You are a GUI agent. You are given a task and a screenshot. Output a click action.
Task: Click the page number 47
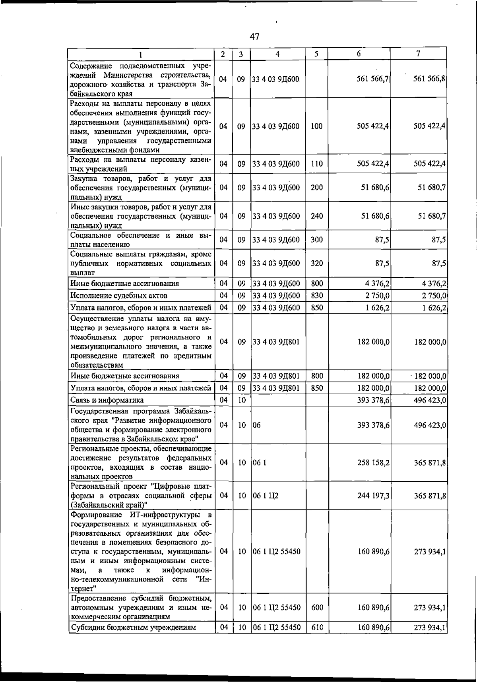[x=254, y=37]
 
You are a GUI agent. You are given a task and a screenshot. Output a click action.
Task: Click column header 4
[x=277, y=54]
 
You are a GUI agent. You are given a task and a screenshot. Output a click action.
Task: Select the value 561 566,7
[x=372, y=79]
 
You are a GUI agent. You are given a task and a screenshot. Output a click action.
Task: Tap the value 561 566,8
[x=429, y=79]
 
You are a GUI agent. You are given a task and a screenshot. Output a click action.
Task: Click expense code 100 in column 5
[x=316, y=126]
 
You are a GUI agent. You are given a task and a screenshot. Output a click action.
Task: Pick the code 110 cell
[x=316, y=164]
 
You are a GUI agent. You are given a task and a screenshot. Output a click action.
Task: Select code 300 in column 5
[x=316, y=240]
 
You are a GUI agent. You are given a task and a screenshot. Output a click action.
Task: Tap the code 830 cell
[x=316, y=296]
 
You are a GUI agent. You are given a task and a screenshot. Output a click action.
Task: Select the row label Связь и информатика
[x=107, y=400]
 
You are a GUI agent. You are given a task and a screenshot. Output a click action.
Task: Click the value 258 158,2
[x=373, y=463]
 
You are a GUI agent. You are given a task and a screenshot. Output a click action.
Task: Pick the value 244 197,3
[x=373, y=496]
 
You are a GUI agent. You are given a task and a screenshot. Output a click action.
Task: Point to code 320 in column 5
[x=316, y=263]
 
